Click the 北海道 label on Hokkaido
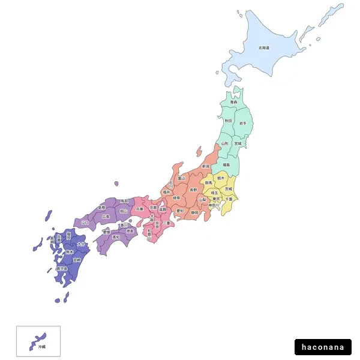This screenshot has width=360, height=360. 264,47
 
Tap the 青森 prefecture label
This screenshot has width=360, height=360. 233,103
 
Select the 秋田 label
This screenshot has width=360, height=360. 228,121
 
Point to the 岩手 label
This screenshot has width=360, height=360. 243,123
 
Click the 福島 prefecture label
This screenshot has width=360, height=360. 226,164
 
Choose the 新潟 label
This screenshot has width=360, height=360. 206,166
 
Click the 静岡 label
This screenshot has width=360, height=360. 195,212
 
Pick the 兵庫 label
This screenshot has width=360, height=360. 140,209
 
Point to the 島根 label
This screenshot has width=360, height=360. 101,207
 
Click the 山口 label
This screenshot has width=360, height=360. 85,223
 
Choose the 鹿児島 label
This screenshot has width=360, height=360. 61,269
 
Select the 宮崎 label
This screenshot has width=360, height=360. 76,260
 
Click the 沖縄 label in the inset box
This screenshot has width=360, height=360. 41,347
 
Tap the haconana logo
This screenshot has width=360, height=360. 323,347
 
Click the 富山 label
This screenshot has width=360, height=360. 181,178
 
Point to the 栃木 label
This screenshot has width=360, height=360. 221,178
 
